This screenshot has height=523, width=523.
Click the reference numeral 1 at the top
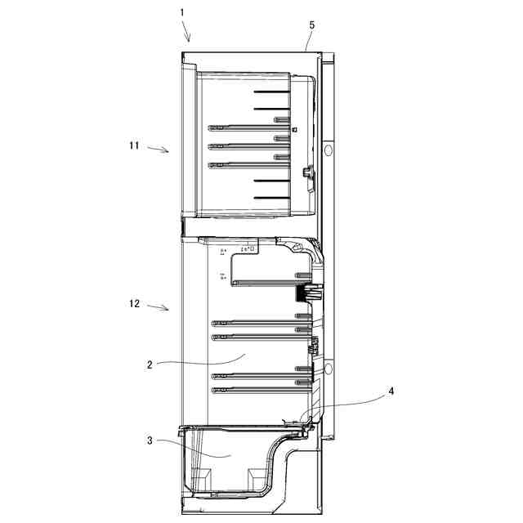click(x=182, y=13)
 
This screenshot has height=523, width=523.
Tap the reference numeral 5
click(x=311, y=25)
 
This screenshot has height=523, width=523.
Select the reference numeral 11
click(x=134, y=145)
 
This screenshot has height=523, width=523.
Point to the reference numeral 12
click(x=134, y=304)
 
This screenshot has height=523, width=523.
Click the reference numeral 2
click(x=150, y=364)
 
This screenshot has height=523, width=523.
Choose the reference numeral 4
click(x=391, y=391)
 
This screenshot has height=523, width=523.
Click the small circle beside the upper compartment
click(x=328, y=152)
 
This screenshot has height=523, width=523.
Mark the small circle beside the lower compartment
click(x=328, y=370)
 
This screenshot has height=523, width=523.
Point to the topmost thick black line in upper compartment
click(x=271, y=92)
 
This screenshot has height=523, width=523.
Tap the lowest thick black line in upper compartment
click(x=271, y=198)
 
